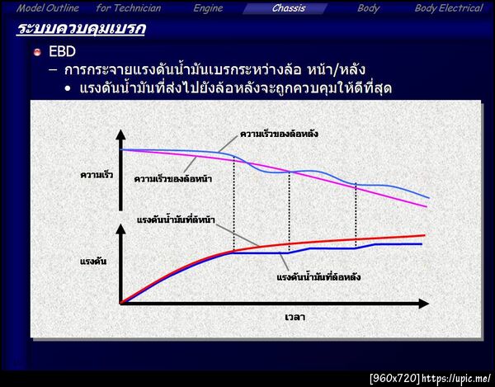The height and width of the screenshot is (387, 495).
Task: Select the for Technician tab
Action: (x=129, y=8)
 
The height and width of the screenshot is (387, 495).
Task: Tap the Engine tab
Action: (x=208, y=8)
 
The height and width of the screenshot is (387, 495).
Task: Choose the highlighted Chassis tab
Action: (x=288, y=8)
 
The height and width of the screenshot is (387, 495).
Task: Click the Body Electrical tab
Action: (x=448, y=8)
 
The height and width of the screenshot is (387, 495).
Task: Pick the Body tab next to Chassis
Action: (x=369, y=8)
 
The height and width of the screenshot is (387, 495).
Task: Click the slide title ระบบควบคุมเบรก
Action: (x=81, y=31)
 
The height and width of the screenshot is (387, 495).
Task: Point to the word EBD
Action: (x=63, y=52)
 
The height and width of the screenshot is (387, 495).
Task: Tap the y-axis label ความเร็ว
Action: (x=97, y=175)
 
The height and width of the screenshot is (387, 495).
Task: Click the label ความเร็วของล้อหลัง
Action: (x=279, y=133)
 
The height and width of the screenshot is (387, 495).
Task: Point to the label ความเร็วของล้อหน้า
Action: (x=172, y=178)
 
